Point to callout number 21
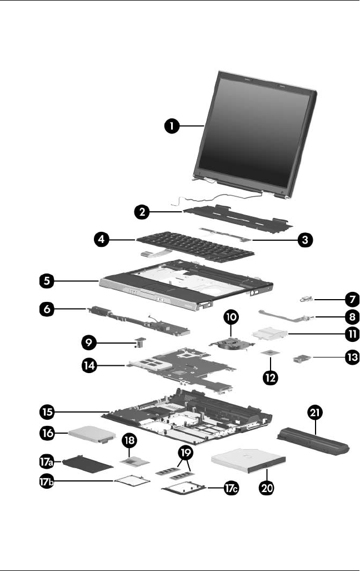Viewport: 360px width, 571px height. coord(314,413)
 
